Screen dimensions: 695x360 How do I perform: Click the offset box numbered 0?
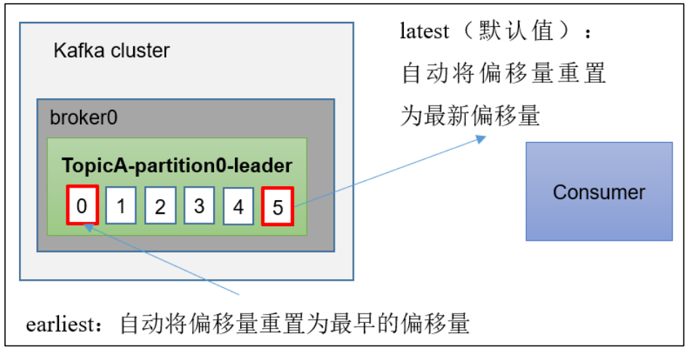(82, 205)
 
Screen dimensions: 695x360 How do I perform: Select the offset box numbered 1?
(121, 206)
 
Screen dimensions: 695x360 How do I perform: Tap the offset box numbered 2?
(160, 206)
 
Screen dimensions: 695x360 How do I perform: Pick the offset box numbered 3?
(199, 206)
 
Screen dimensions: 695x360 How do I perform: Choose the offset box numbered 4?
(238, 206)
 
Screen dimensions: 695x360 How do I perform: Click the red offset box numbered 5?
(277, 207)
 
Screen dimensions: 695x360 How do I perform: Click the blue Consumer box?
(599, 191)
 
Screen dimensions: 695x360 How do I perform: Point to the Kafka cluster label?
(111, 50)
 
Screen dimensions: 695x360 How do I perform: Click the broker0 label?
(84, 118)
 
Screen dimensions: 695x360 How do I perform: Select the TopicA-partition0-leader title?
(177, 166)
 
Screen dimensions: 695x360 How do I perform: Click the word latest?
(424, 31)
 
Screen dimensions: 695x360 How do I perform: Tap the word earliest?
(60, 324)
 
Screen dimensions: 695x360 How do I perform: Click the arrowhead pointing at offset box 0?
(88, 228)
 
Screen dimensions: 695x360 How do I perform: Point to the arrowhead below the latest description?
(481, 139)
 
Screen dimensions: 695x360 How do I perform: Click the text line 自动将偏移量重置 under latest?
(504, 73)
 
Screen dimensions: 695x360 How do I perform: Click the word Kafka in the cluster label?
(80, 50)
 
